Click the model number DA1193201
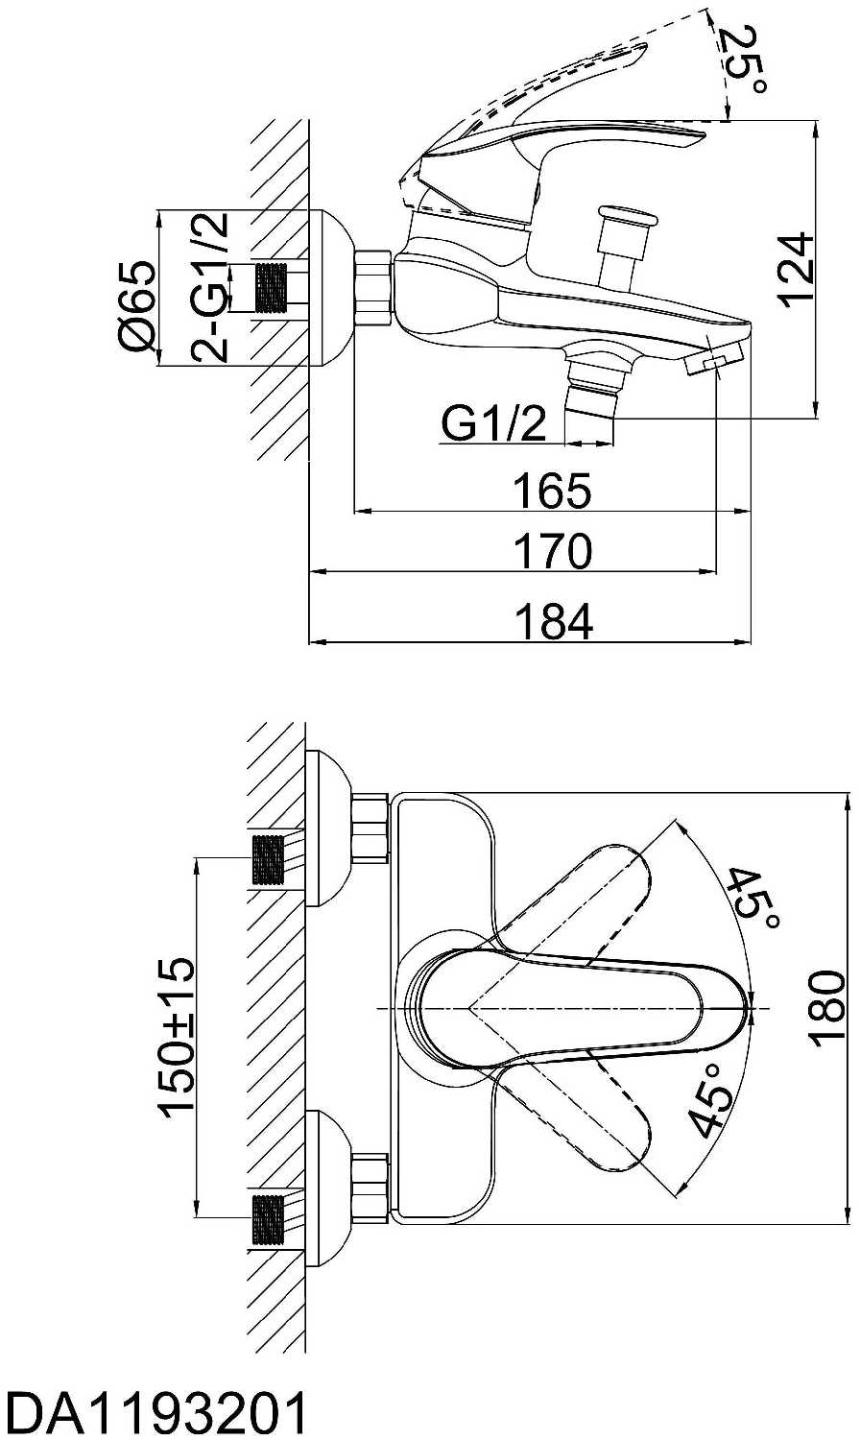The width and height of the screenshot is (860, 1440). [154, 1410]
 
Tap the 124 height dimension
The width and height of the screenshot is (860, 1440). [795, 270]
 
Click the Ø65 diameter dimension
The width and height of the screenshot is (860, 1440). [137, 306]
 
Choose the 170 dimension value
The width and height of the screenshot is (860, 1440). [553, 551]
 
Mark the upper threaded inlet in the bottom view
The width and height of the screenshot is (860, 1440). [269, 860]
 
